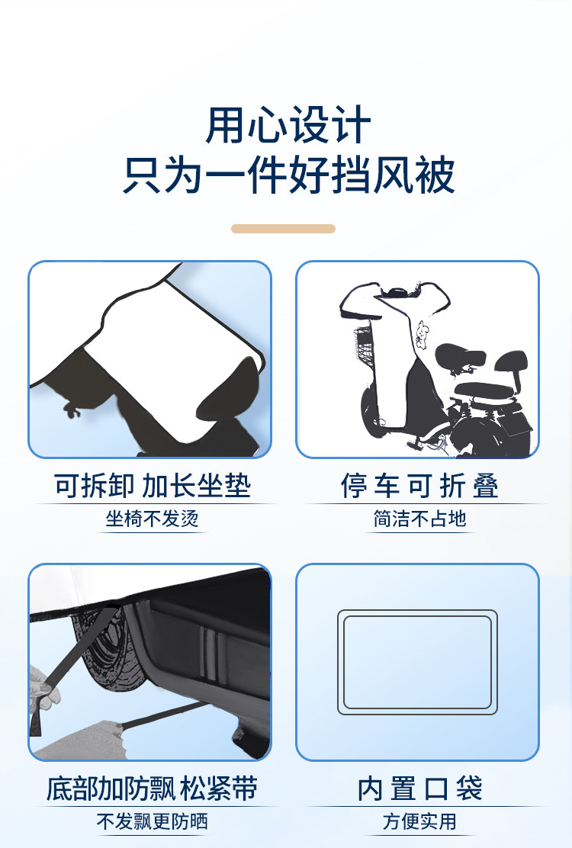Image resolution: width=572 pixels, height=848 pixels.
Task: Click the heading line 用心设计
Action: [288, 126]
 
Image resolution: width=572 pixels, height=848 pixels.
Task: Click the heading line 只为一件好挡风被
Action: [289, 175]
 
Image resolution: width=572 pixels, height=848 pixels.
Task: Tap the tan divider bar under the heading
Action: [283, 229]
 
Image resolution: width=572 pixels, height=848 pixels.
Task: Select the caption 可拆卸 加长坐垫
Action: [153, 485]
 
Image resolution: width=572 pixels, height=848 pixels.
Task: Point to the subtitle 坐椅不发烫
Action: [153, 519]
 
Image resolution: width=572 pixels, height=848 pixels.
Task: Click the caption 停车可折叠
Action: [419, 485]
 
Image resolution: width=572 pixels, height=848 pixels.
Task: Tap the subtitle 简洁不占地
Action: [419, 519]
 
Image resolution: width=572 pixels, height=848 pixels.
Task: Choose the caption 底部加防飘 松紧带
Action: [152, 789]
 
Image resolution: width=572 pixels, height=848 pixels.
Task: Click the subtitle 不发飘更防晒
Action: [153, 821]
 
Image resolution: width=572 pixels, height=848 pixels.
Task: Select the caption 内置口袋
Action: [419, 789]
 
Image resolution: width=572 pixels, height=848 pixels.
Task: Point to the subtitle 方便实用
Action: [419, 821]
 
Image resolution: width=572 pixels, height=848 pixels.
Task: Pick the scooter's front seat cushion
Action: [460, 358]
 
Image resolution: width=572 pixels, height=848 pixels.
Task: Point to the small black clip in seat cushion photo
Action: [72, 410]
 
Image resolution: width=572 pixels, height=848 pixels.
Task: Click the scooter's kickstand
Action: [415, 442]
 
